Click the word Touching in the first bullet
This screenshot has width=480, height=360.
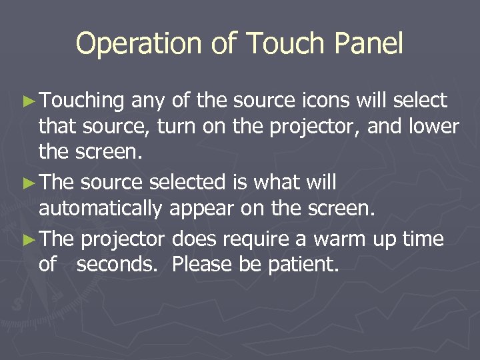(x=82, y=101)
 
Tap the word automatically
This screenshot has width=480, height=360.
(x=100, y=209)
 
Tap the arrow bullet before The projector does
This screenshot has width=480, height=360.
(x=29, y=239)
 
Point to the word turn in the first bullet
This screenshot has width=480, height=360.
(x=178, y=127)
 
